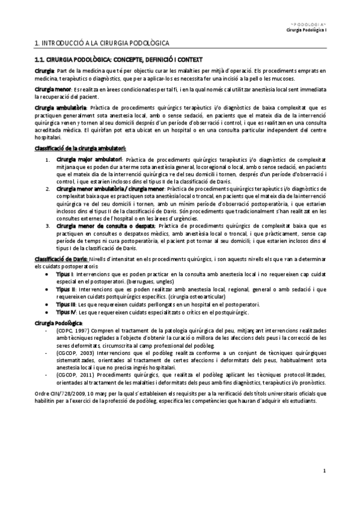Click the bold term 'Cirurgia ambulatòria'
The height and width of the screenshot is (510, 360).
click(61, 108)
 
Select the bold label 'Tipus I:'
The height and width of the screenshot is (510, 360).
click(66, 273)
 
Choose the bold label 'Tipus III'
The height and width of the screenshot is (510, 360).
click(66, 305)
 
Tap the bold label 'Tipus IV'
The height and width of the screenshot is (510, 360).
click(66, 313)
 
